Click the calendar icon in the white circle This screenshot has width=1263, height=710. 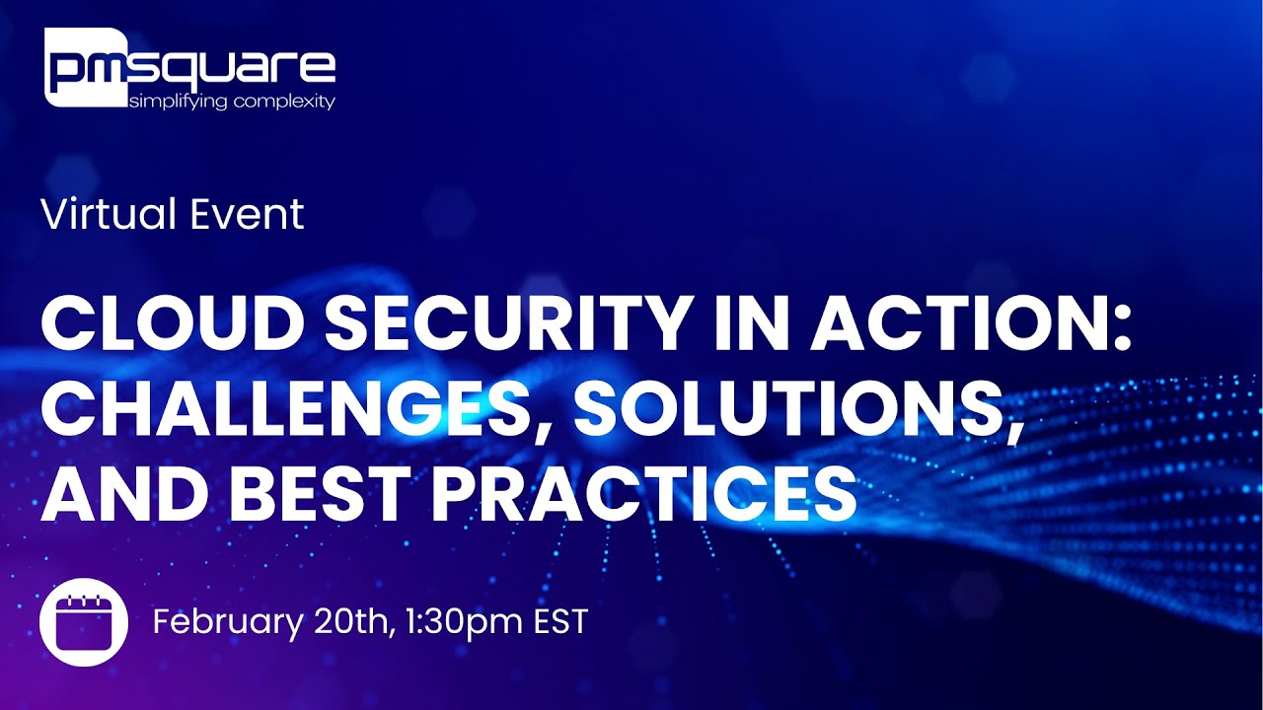[84, 622]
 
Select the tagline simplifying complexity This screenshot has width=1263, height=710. [233, 102]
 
